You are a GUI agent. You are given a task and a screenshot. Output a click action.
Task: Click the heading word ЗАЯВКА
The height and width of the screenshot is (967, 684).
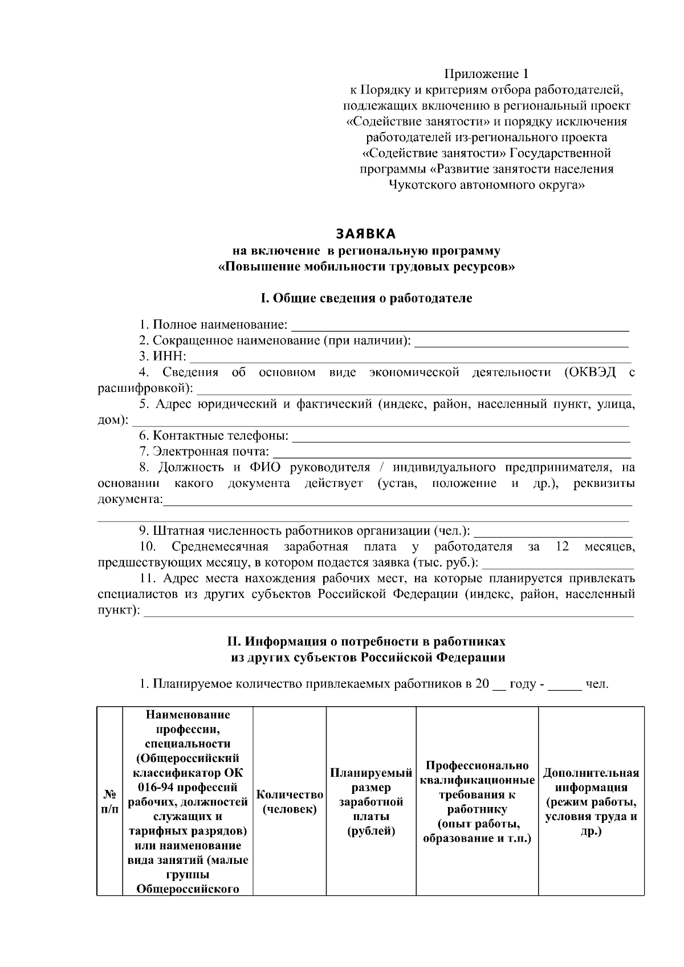click(x=365, y=234)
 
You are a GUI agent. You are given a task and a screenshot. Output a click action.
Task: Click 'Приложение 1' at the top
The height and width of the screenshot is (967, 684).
click(x=487, y=74)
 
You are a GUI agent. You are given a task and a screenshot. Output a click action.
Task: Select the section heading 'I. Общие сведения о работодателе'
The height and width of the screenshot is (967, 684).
click(x=366, y=298)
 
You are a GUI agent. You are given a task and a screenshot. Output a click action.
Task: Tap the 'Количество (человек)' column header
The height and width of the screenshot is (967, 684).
click(x=290, y=802)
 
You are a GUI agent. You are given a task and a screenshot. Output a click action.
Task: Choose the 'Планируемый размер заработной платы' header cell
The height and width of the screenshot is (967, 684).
click(x=371, y=802)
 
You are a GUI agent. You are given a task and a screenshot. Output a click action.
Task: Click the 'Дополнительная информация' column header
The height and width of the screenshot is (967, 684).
click(x=591, y=802)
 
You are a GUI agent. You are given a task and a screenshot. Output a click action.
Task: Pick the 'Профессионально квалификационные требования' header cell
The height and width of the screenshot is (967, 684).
click(x=477, y=802)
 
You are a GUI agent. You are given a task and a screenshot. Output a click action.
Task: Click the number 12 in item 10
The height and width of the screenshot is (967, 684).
click(x=561, y=547)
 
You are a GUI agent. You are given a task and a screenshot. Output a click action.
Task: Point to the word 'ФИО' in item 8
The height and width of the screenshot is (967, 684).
click(x=263, y=468)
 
